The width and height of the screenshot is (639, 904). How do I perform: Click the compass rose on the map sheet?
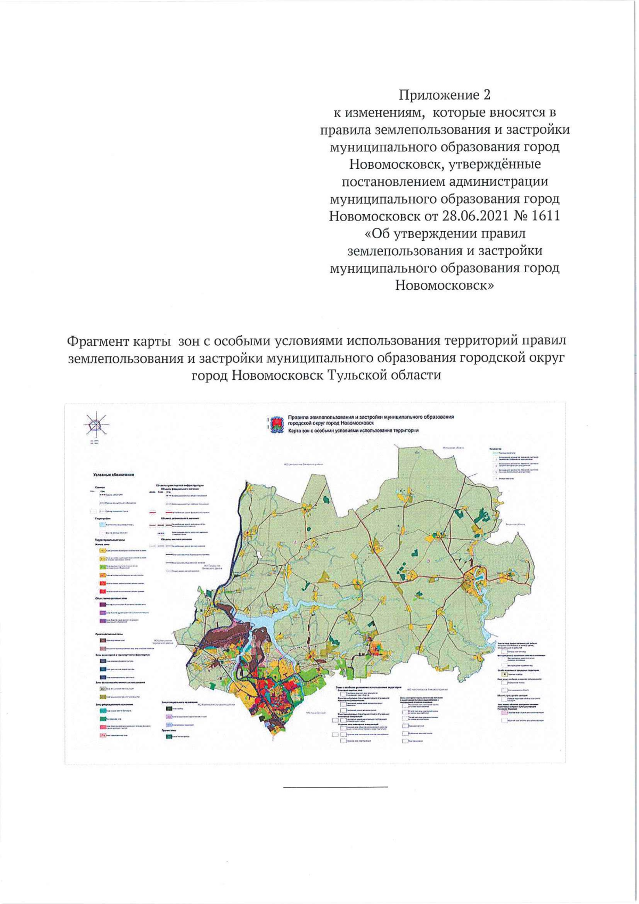click(95, 425)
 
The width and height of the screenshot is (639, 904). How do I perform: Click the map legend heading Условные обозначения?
click(113, 474)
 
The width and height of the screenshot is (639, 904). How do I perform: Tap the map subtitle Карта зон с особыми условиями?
click(351, 430)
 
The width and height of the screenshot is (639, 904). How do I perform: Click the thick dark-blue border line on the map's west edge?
click(239, 527)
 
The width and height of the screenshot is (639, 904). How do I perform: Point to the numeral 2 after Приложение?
click(486, 95)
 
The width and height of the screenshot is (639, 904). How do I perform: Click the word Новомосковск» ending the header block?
click(445, 286)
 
